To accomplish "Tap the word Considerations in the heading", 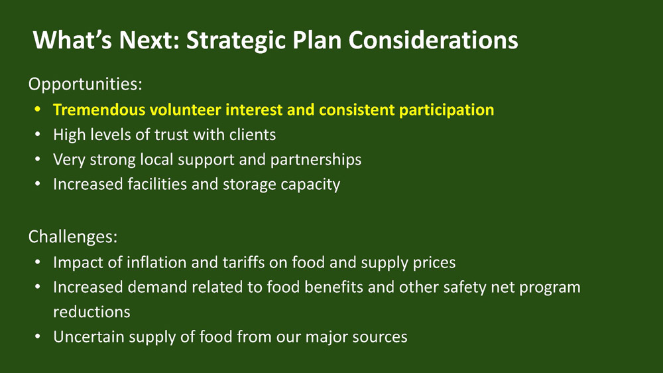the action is [434, 40].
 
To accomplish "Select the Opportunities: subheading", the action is [86, 84].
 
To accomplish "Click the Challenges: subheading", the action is [73, 236].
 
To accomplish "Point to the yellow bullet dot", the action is [38, 110].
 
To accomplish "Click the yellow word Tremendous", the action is [99, 110].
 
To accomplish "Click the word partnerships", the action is [316, 160].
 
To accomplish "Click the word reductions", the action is [91, 312].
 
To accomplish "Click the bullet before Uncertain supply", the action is [38, 337].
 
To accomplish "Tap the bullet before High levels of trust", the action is [38, 135].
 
